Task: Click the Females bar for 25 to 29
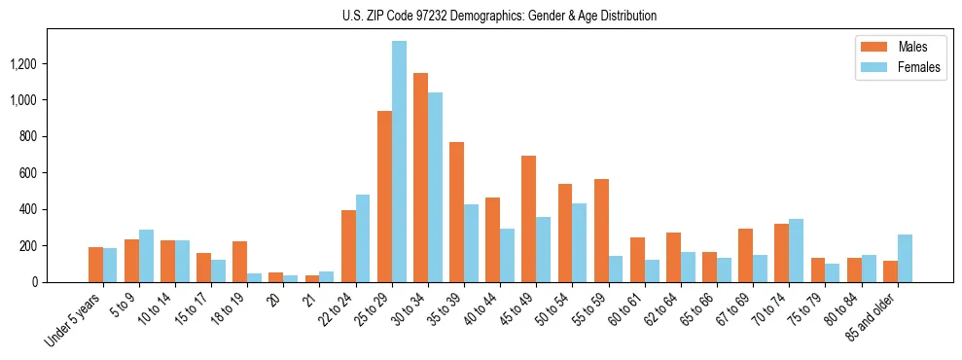(399, 162)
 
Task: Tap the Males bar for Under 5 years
(95, 265)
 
